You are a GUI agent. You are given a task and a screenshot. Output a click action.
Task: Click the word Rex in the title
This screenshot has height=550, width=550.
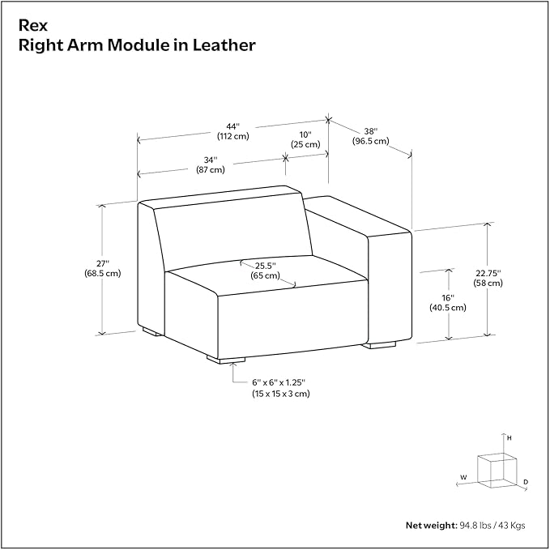tap(32, 25)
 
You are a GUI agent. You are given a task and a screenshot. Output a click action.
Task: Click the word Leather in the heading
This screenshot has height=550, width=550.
tap(224, 45)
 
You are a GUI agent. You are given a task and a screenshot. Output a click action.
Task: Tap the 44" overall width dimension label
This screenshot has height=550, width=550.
tap(233, 131)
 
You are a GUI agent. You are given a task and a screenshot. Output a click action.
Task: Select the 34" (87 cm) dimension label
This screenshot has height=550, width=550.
tap(210, 165)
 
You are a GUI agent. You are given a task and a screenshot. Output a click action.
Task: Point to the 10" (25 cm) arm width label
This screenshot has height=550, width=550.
tap(305, 139)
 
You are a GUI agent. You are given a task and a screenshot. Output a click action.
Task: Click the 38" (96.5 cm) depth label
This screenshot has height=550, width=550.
tap(370, 136)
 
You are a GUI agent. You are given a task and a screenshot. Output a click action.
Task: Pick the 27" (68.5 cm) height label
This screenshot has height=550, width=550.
tap(102, 268)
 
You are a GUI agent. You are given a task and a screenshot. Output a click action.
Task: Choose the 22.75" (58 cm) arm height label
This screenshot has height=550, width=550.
tap(488, 278)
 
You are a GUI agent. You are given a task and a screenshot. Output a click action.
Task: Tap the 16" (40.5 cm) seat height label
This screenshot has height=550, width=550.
tap(448, 303)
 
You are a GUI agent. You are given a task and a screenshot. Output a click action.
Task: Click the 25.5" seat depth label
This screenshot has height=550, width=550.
tap(265, 271)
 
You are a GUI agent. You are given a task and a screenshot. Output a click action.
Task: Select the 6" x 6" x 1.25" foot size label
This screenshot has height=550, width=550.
tap(280, 388)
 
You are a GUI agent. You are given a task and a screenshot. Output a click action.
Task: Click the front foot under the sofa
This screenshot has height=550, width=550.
tap(226, 360)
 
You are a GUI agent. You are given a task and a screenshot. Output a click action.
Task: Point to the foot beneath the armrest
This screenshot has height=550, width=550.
tap(380, 345)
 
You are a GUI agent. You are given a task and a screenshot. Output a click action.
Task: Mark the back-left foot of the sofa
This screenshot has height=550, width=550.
tap(152, 331)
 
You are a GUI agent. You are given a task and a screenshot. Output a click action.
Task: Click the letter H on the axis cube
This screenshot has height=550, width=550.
tap(509, 438)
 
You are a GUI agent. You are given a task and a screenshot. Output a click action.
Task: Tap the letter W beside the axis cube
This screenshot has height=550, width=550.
tap(463, 477)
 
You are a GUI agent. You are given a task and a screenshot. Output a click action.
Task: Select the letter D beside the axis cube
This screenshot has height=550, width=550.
tap(526, 482)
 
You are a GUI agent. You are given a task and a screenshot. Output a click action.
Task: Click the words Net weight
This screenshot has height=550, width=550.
tap(432, 525)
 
